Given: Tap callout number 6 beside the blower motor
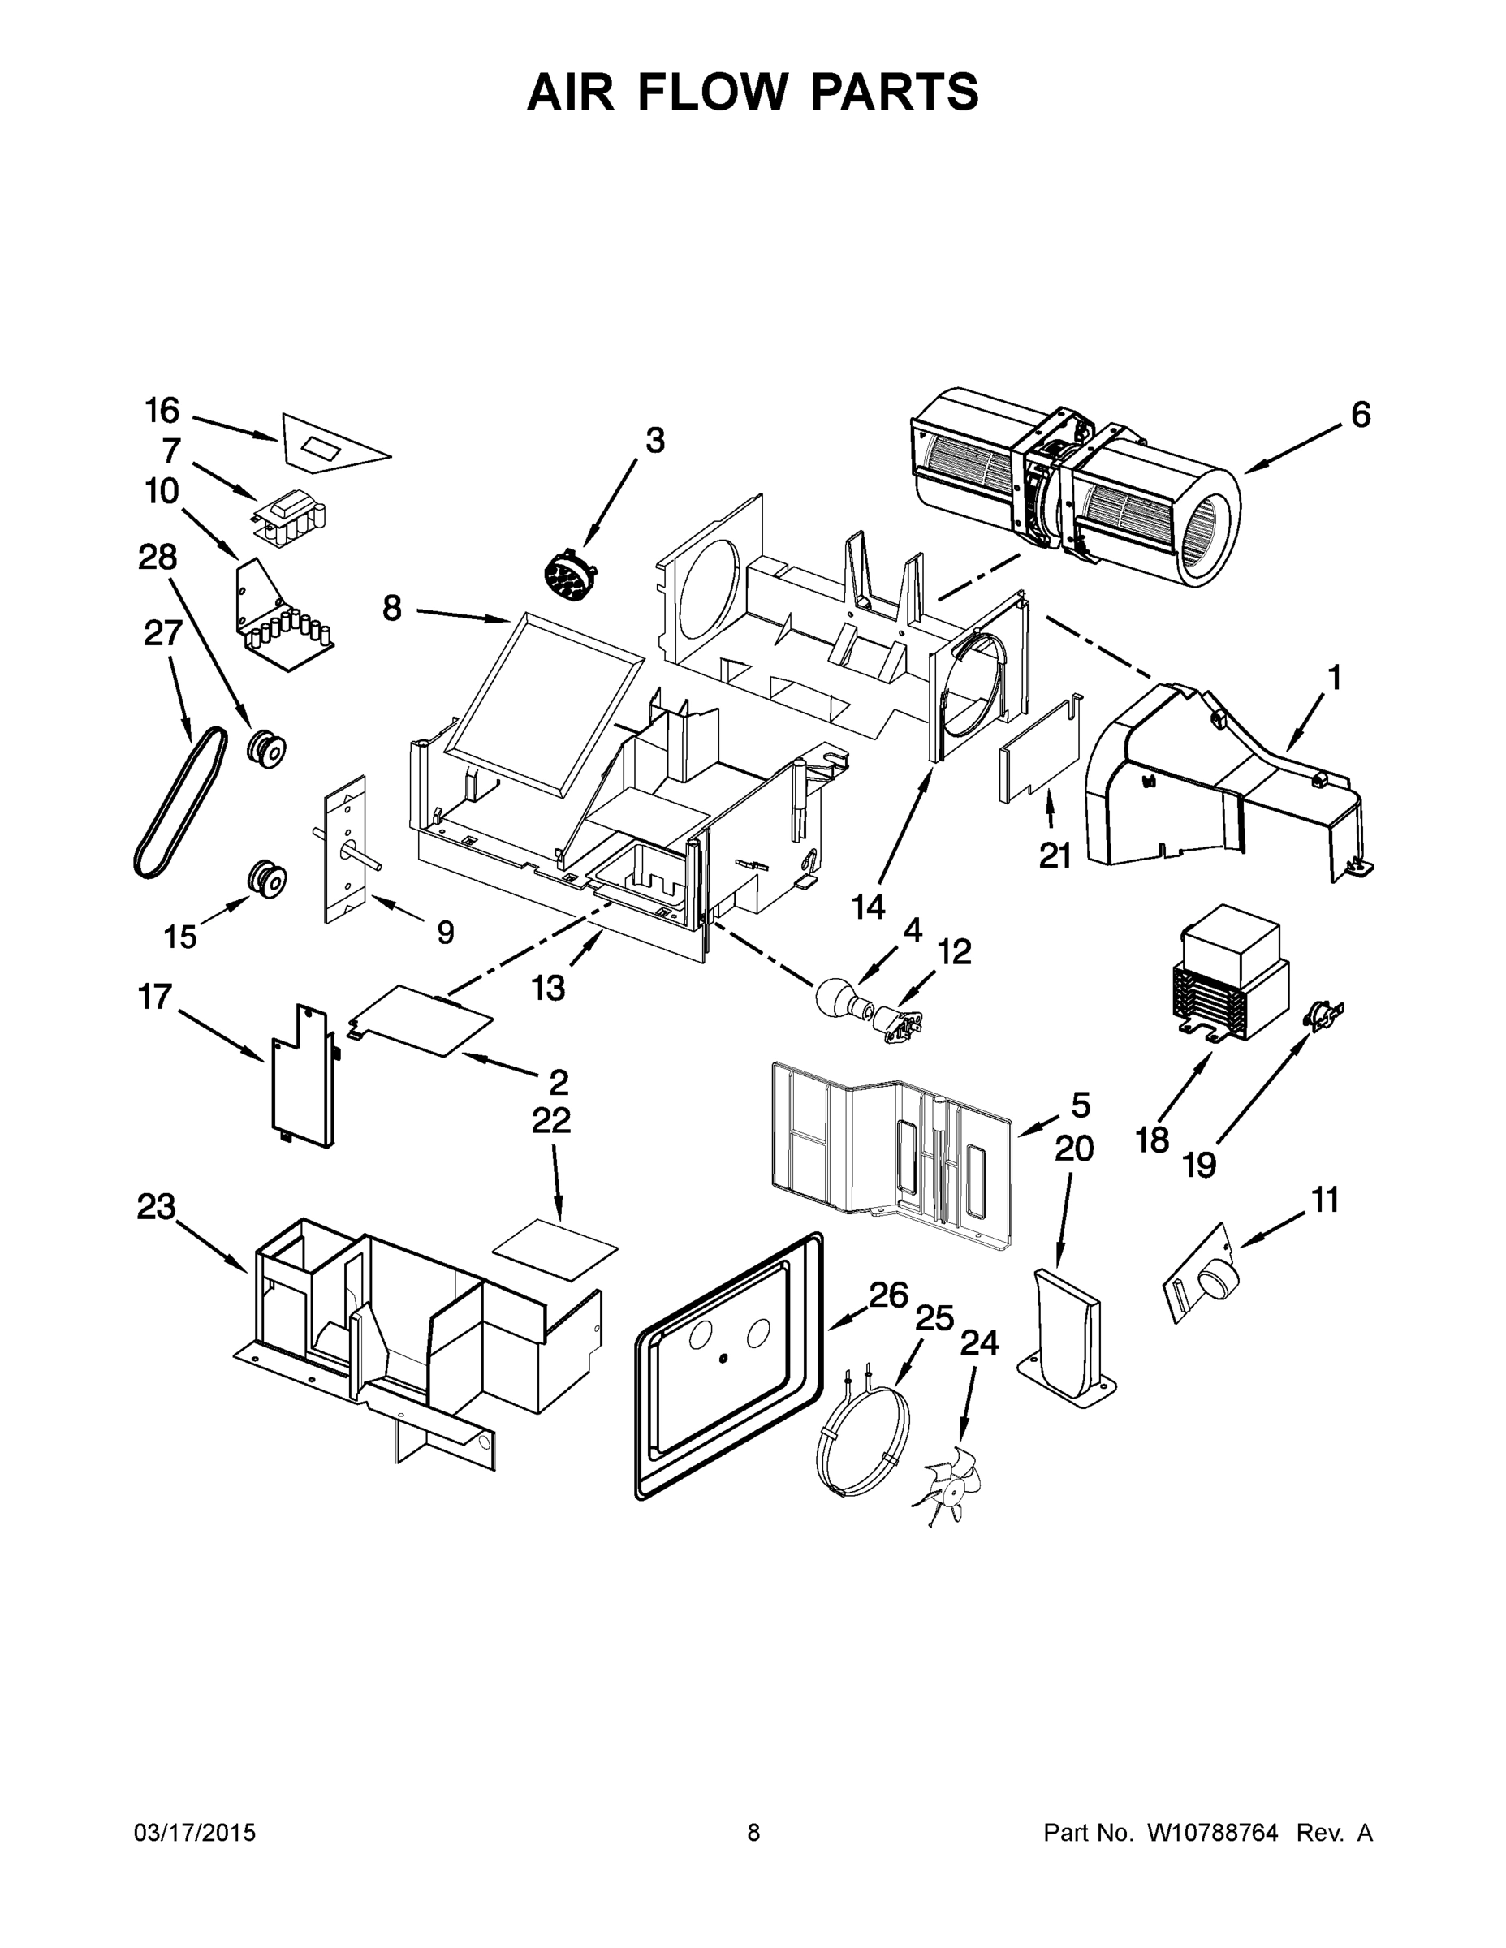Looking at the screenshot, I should pos(1360,415).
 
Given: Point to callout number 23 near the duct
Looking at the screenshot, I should pos(156,1208).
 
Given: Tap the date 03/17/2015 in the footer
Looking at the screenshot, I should pos(195,1832).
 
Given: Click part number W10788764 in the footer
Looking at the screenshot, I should pos(1211,1832).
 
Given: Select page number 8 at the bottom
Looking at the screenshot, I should pos(753,1832).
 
